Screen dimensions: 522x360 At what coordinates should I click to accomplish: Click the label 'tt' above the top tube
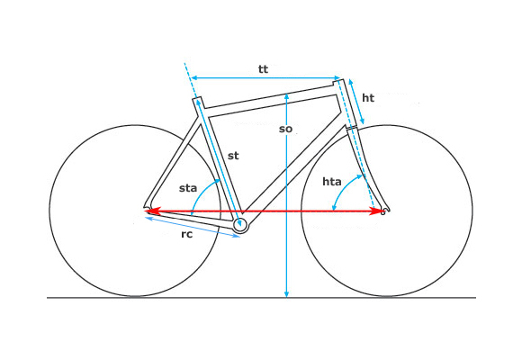[x=263, y=69]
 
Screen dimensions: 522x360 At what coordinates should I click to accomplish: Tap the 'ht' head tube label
[x=368, y=97]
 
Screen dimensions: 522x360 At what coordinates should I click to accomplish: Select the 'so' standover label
[x=285, y=129]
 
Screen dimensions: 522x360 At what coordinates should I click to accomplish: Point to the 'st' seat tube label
[x=233, y=156]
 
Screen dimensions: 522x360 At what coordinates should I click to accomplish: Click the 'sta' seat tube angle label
[x=188, y=188]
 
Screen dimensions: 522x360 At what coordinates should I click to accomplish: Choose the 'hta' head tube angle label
[x=332, y=182]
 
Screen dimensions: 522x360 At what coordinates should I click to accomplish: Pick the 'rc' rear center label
[x=187, y=234]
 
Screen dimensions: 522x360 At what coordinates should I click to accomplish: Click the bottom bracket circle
[x=239, y=225]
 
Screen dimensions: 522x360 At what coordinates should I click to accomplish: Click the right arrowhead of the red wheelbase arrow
[x=377, y=211]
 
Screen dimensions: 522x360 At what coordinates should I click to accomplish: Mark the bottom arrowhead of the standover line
[x=286, y=293]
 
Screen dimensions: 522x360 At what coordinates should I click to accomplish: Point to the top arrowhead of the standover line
[x=286, y=97]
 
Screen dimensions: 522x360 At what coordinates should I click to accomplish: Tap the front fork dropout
[x=384, y=211]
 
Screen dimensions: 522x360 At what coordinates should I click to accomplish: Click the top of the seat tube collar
[x=197, y=98]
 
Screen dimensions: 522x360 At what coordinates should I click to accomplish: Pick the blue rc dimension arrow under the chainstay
[x=193, y=227]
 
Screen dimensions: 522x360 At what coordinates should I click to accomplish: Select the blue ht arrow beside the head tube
[x=356, y=102]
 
